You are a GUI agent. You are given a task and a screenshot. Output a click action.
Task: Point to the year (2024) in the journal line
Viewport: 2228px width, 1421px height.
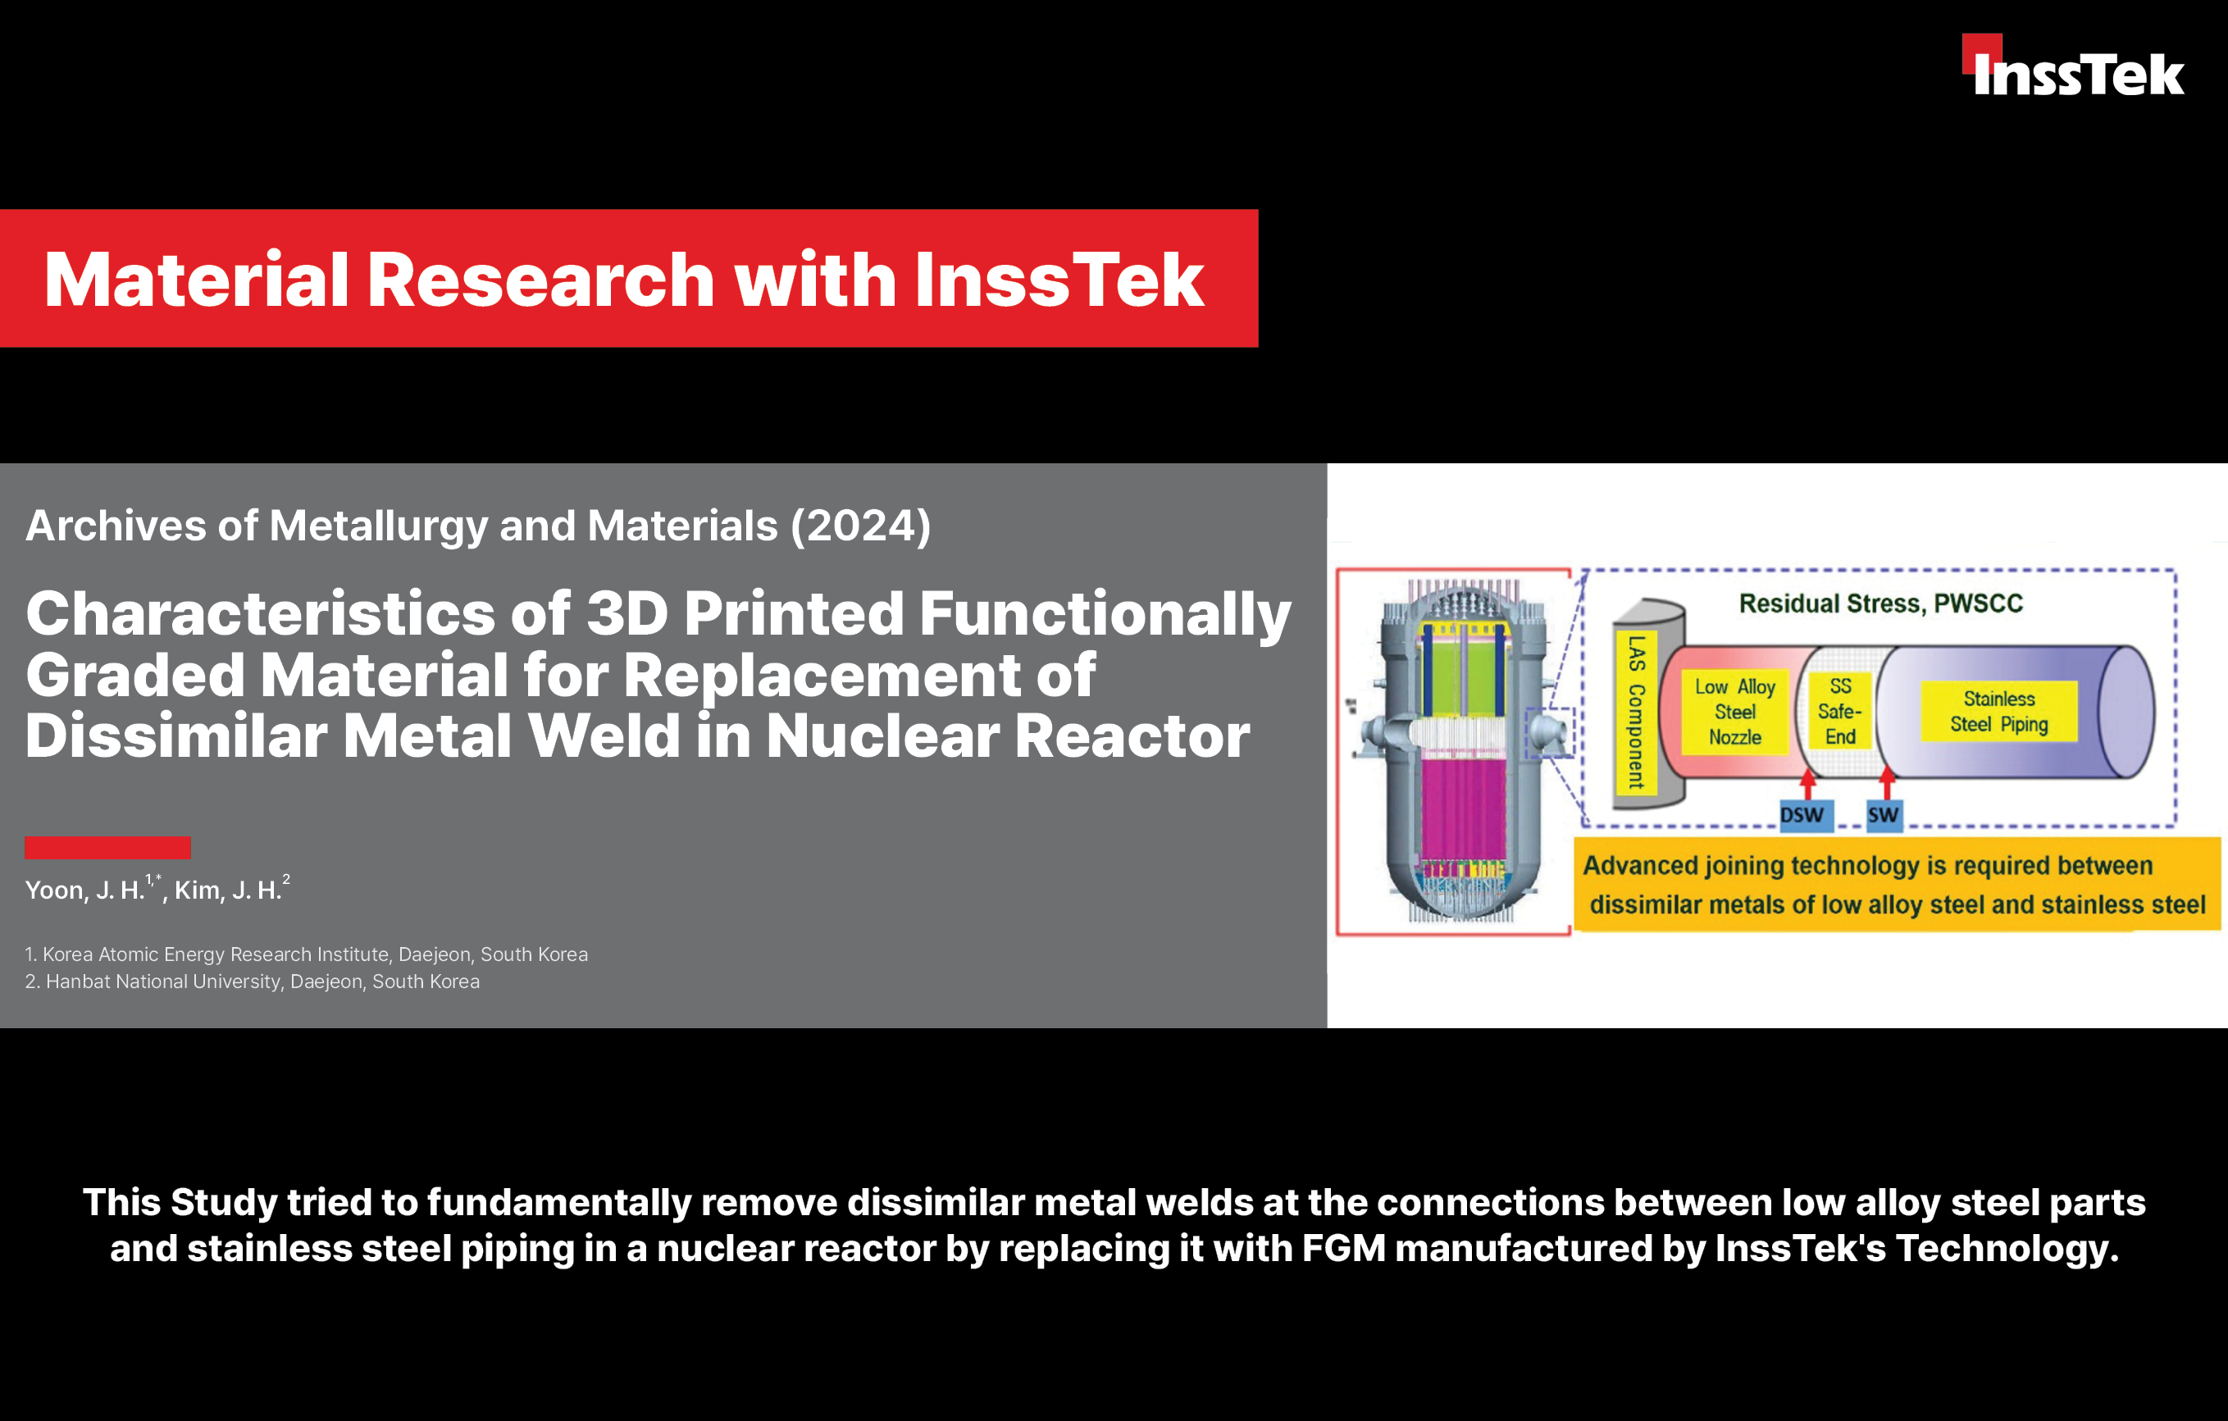[x=859, y=526]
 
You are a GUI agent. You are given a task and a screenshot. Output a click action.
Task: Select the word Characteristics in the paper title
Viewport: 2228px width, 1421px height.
[x=261, y=613]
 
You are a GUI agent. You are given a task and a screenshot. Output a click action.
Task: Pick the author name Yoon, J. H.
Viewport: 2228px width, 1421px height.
[x=84, y=890]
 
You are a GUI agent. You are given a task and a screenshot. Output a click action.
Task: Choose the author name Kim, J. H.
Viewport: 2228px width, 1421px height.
[x=228, y=890]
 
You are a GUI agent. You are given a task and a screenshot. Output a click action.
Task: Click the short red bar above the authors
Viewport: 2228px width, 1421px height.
[x=107, y=847]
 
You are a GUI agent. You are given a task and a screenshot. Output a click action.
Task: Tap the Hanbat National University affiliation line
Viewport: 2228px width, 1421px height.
[x=253, y=981]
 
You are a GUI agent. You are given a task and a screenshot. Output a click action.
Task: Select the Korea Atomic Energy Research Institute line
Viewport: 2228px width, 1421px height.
[x=306, y=954]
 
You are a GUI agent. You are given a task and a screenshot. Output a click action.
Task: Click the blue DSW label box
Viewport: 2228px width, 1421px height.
[x=1802, y=815]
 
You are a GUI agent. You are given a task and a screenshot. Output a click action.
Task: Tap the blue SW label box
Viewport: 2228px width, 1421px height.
[x=1883, y=815]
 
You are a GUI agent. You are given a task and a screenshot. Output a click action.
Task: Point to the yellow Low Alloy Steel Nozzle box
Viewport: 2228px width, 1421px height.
[x=1735, y=712]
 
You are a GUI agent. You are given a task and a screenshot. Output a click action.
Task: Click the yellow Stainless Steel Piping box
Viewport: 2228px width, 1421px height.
[x=1998, y=712]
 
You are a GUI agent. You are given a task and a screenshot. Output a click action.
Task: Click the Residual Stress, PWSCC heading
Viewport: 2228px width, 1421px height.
[x=1880, y=603]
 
